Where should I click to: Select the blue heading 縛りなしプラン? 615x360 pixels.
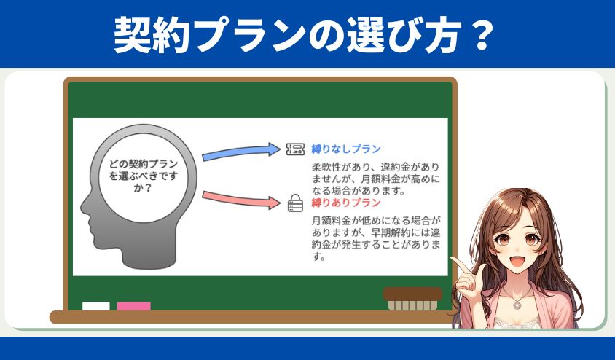[346, 149]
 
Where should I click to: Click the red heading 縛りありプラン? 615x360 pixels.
[346, 203]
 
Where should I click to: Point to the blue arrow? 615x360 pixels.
[240, 152]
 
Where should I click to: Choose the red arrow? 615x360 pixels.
[240, 200]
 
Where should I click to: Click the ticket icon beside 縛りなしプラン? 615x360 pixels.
[295, 149]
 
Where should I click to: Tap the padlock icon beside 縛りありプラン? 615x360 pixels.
[295, 203]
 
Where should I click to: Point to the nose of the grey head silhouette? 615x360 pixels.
[83, 208]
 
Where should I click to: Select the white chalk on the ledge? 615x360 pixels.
[96, 306]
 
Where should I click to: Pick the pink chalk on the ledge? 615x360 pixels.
[134, 306]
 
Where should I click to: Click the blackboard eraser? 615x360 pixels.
[412, 300]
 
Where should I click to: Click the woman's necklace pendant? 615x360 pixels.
[517, 305]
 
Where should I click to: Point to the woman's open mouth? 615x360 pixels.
[517, 261]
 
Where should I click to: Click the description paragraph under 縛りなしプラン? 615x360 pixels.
[376, 179]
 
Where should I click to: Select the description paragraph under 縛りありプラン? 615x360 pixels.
[376, 238]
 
